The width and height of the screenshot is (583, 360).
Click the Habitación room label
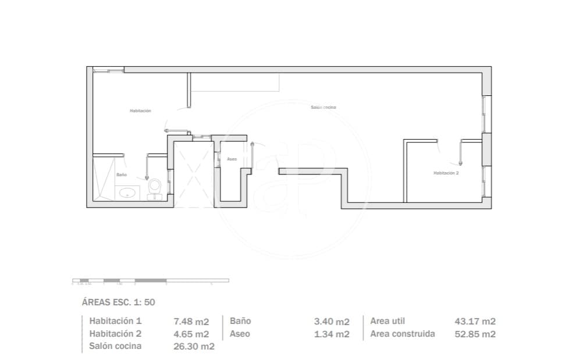(x=140, y=111)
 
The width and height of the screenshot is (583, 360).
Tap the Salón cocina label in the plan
(x=323, y=108)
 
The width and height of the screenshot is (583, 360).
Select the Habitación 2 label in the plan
(x=446, y=173)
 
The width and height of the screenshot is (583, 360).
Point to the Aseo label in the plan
(x=231, y=159)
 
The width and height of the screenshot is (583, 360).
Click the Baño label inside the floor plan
(x=122, y=174)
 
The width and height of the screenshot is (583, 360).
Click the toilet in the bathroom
(x=155, y=187)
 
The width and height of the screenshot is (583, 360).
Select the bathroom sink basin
(x=127, y=193)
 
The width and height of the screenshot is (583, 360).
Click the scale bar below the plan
(x=150, y=281)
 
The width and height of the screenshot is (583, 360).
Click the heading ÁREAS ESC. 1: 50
(x=118, y=302)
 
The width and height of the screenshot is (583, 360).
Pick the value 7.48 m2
(x=191, y=321)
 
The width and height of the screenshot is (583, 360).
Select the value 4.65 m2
(x=191, y=334)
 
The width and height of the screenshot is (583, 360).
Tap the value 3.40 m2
(x=332, y=321)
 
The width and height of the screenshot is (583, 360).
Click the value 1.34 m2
(x=332, y=334)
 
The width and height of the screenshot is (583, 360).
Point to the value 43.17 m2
(x=475, y=321)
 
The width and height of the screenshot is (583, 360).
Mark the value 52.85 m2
(x=475, y=334)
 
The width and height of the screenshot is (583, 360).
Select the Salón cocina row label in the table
(x=115, y=347)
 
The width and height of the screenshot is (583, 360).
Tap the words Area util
(x=388, y=321)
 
